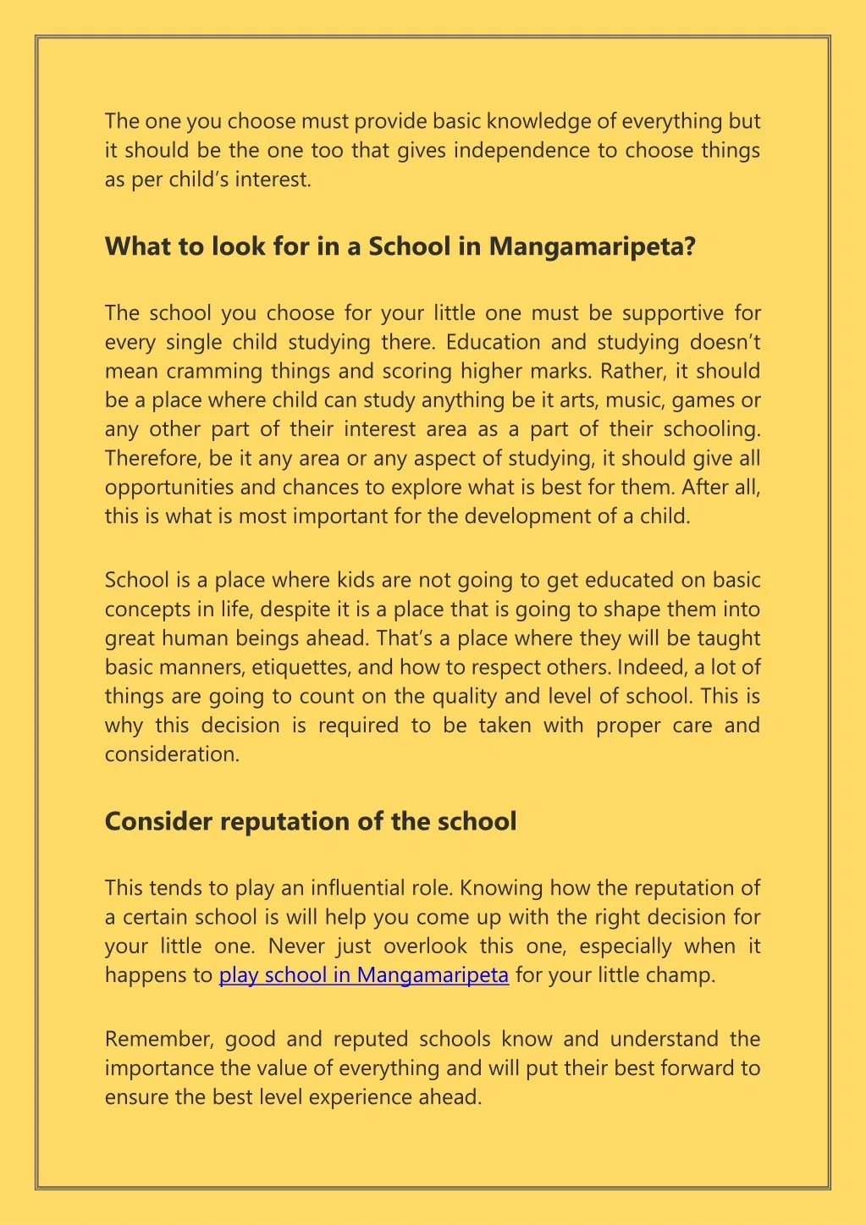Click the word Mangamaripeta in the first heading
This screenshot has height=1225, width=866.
[x=592, y=246]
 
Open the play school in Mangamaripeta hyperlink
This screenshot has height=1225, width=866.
[x=363, y=974]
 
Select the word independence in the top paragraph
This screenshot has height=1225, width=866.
[x=520, y=151]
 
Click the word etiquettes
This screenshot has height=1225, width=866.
[x=301, y=667]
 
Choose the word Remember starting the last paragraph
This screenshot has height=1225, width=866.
[x=151, y=1039]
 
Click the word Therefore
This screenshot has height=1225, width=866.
[x=152, y=458]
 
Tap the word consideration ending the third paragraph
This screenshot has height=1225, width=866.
[x=172, y=754]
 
